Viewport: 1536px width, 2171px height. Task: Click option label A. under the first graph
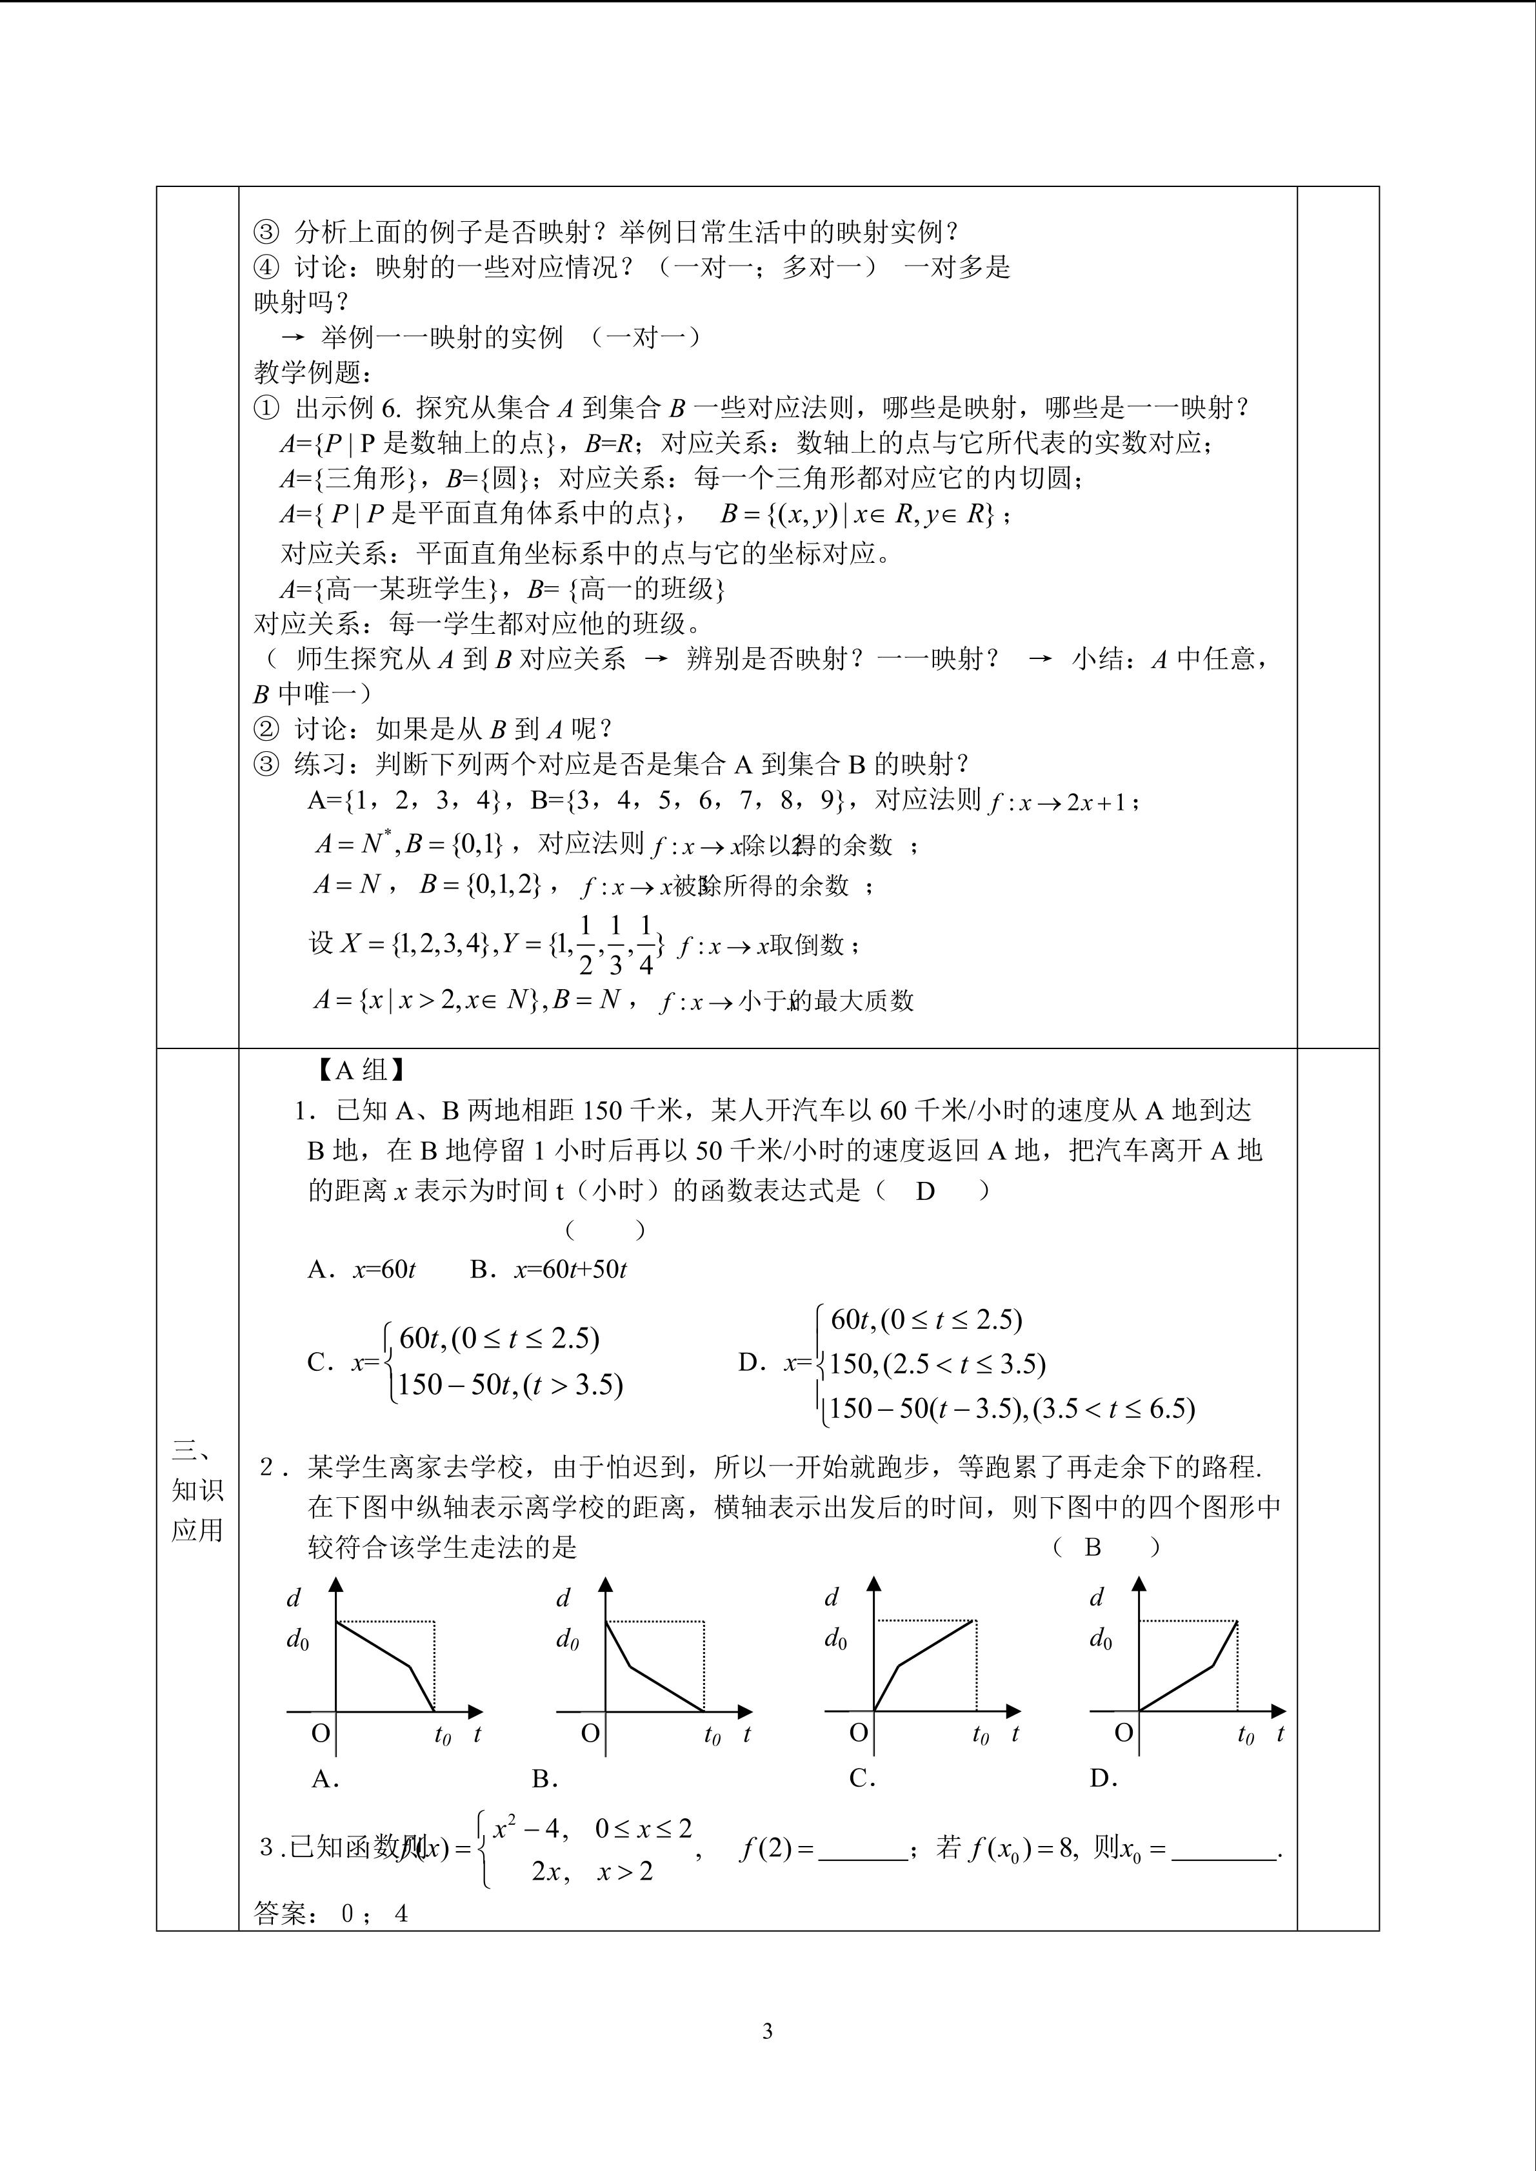(x=325, y=1778)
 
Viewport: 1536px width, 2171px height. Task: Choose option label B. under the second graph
(x=544, y=1778)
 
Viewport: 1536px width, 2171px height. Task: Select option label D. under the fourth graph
(x=1104, y=1778)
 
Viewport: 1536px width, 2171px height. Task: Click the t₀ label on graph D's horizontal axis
(x=1246, y=1735)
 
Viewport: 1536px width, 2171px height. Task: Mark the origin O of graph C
(x=859, y=1733)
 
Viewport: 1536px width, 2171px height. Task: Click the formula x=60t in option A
(x=384, y=1270)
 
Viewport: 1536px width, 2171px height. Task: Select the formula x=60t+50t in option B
(x=570, y=1270)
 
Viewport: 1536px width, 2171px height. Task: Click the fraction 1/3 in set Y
(x=615, y=945)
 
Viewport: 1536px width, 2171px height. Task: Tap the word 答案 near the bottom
(x=281, y=1914)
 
